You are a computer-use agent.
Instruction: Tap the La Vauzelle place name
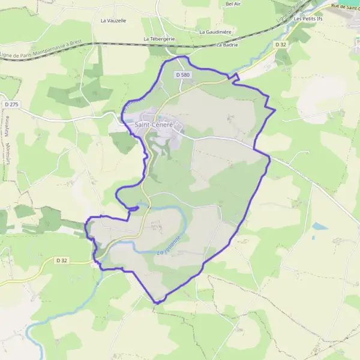(x=113, y=20)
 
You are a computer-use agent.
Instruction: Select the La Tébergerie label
(x=159, y=38)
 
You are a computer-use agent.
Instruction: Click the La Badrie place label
(x=227, y=44)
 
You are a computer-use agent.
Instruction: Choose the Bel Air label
(x=233, y=4)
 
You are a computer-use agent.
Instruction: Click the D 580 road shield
(x=184, y=74)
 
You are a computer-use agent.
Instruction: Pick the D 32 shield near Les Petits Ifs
(x=281, y=44)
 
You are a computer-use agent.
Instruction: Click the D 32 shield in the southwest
(x=62, y=260)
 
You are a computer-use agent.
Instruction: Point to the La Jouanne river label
(x=169, y=244)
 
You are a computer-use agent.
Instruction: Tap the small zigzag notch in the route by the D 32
(x=235, y=77)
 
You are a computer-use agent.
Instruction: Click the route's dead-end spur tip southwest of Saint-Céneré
(x=139, y=207)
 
